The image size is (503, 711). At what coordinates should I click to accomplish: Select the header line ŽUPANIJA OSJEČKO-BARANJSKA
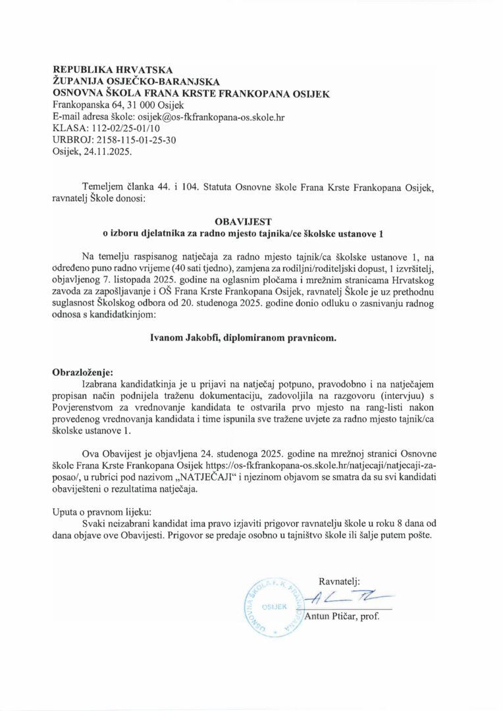click(136, 81)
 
